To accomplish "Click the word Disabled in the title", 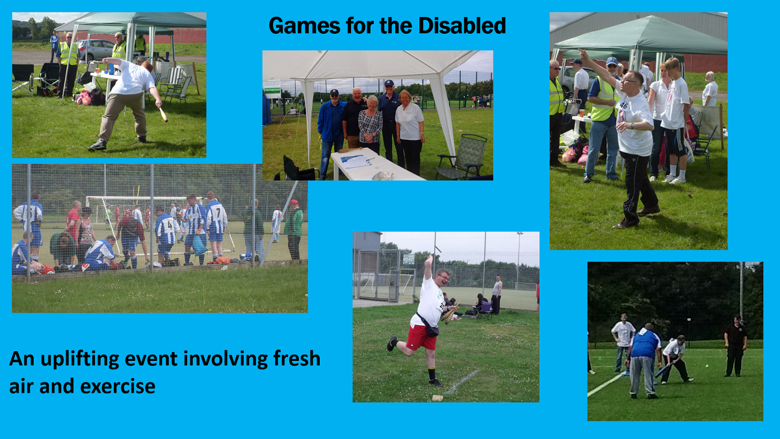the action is pos(461,25).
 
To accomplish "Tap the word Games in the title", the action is pos(304,25).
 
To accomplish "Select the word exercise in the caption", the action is pos(118,386).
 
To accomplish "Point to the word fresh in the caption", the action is pos(296,358).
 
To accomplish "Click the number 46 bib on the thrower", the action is pos(623,105).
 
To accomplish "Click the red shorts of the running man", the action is pos(421,338).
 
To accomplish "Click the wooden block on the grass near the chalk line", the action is pos(437,398).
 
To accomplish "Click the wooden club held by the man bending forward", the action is pos(163,114).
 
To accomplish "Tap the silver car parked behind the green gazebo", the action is pos(96,49).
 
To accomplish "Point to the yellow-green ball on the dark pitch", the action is pos(707,366).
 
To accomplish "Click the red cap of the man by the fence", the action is pos(293,202).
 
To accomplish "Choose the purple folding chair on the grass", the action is pos(485,310).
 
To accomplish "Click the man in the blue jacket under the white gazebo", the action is pos(331,133).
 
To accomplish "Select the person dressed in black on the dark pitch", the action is pos(735,347).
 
